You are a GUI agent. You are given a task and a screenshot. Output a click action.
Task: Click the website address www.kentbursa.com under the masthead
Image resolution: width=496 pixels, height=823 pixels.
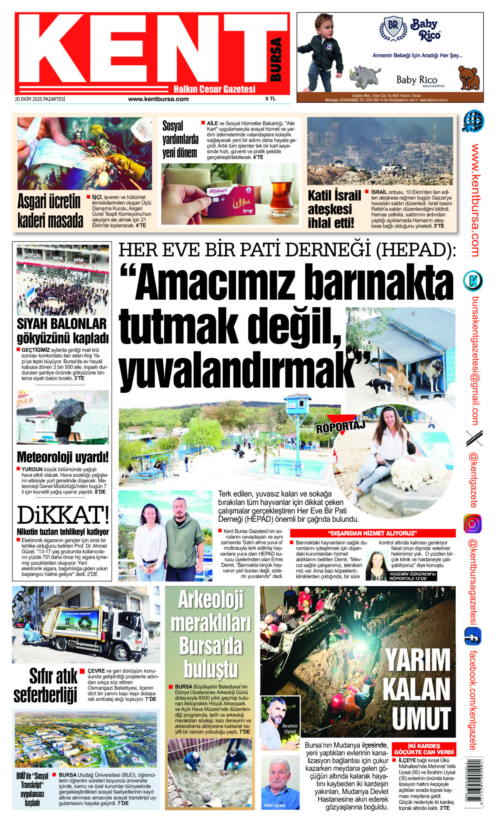158,99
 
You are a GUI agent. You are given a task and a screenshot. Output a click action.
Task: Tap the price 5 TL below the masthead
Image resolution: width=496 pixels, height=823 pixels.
270,99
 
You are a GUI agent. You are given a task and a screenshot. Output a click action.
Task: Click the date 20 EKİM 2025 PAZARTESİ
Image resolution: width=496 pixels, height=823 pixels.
40,99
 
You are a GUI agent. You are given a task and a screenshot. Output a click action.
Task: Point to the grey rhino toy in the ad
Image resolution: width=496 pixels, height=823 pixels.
364,75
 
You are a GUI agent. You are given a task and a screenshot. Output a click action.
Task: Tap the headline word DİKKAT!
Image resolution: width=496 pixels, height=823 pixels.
63,515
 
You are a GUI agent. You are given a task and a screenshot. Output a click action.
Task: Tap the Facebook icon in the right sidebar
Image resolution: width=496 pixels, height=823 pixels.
473,636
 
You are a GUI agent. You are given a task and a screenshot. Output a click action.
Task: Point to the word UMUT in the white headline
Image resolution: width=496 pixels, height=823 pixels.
421,718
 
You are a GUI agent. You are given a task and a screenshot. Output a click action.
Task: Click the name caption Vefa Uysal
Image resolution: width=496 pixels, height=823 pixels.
274,805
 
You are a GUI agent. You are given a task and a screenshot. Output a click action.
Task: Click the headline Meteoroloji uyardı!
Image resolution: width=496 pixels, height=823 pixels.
63,457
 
